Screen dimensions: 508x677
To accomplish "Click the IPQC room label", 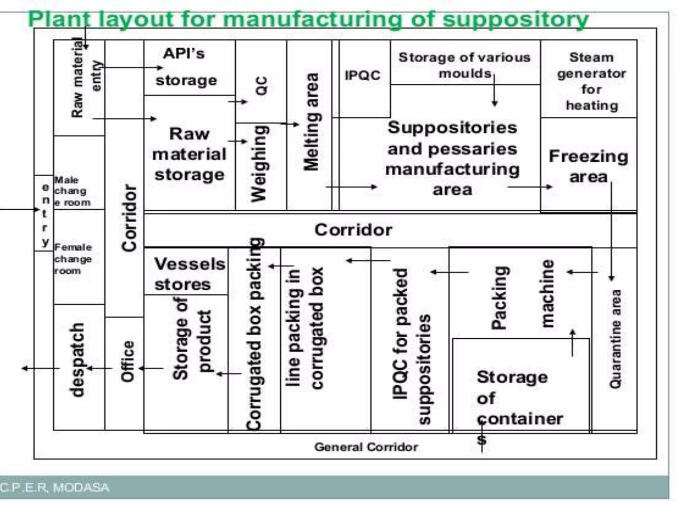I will (x=363, y=75).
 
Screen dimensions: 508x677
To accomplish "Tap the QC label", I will (x=261, y=86).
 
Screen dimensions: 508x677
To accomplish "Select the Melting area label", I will (x=311, y=121).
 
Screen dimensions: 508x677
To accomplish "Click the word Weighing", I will (x=259, y=163).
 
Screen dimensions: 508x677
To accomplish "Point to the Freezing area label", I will (x=588, y=166).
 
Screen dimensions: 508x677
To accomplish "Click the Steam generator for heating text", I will (x=591, y=81).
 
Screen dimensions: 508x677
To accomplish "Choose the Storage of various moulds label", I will (x=464, y=65).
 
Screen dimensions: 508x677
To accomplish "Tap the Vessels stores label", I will (x=189, y=274).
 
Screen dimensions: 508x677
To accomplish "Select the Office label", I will (x=128, y=361).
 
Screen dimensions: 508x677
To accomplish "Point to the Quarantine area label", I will (x=615, y=339).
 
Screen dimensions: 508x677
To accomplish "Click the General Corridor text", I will (x=366, y=447).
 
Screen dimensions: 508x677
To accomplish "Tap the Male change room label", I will (x=72, y=191).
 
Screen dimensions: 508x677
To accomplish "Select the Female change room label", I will (x=73, y=259).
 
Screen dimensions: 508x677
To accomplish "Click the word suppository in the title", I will (x=515, y=20).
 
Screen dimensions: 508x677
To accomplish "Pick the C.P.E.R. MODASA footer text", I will (x=55, y=487).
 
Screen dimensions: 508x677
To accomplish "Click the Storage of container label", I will (x=519, y=398).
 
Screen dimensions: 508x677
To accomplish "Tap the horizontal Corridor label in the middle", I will (x=353, y=230).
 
